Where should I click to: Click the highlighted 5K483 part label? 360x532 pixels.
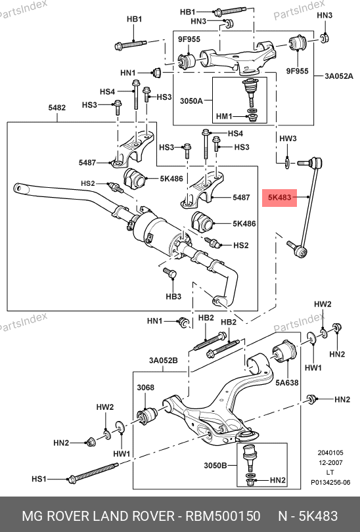coord(280,198)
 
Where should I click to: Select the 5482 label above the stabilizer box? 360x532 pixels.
coord(56,108)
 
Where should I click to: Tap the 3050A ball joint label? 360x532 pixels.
coord(191,100)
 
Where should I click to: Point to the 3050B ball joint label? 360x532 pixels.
coord(215,466)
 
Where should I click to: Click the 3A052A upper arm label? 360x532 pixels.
coord(338,76)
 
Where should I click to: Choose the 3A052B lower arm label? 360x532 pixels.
coord(163,360)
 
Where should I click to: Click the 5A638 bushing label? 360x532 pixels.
coord(286,383)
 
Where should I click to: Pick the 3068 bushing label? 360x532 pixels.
coord(146,388)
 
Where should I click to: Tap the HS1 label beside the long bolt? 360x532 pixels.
coord(39,479)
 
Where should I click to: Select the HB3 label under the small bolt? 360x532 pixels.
coord(173,296)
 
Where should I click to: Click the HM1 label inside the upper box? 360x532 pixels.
coord(224,116)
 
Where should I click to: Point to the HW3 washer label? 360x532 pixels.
coord(288,139)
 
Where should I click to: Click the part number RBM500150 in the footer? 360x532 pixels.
coord(223,516)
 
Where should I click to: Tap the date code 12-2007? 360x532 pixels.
coord(330,462)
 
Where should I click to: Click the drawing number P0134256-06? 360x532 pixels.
coord(330,482)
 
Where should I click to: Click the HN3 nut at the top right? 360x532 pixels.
coord(325,37)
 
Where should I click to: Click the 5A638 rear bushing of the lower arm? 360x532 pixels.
coord(284,351)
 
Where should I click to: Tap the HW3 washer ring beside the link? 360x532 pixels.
coord(287,163)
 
